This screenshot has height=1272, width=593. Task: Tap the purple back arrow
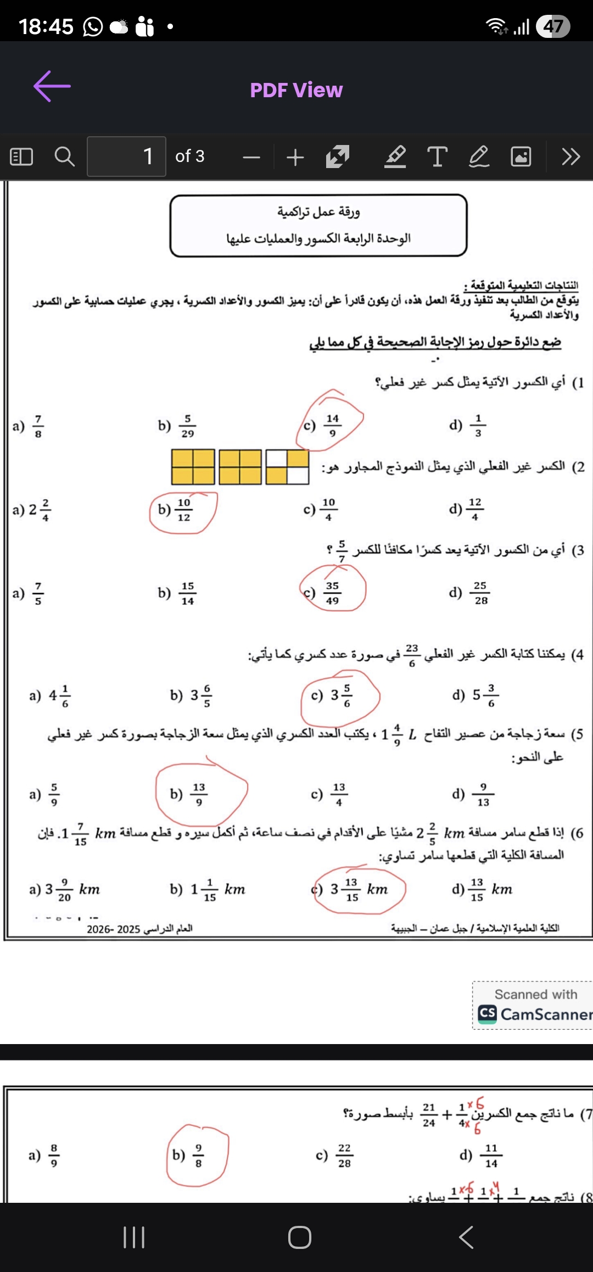52,86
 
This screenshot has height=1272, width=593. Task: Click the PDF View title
296,90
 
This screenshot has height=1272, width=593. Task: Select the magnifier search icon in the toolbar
65,157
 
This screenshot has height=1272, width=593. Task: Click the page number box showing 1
126,157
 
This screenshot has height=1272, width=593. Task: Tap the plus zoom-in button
295,158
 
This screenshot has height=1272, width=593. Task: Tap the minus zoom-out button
251,158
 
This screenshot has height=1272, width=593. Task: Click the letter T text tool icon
437,157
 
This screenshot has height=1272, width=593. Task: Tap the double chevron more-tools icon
570,157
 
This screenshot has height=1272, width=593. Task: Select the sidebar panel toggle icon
22,157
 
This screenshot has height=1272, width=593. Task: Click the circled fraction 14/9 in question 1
332,426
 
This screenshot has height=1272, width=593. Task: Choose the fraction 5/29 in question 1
187,426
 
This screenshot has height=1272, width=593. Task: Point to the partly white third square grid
287,467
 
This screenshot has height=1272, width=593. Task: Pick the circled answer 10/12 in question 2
183,510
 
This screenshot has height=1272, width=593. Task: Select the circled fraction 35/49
332,593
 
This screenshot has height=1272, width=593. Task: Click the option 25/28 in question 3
480,593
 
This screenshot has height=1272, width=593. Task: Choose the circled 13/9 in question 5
198,794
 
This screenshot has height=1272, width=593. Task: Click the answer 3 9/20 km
65,889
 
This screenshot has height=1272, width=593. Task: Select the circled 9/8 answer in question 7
198,1156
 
